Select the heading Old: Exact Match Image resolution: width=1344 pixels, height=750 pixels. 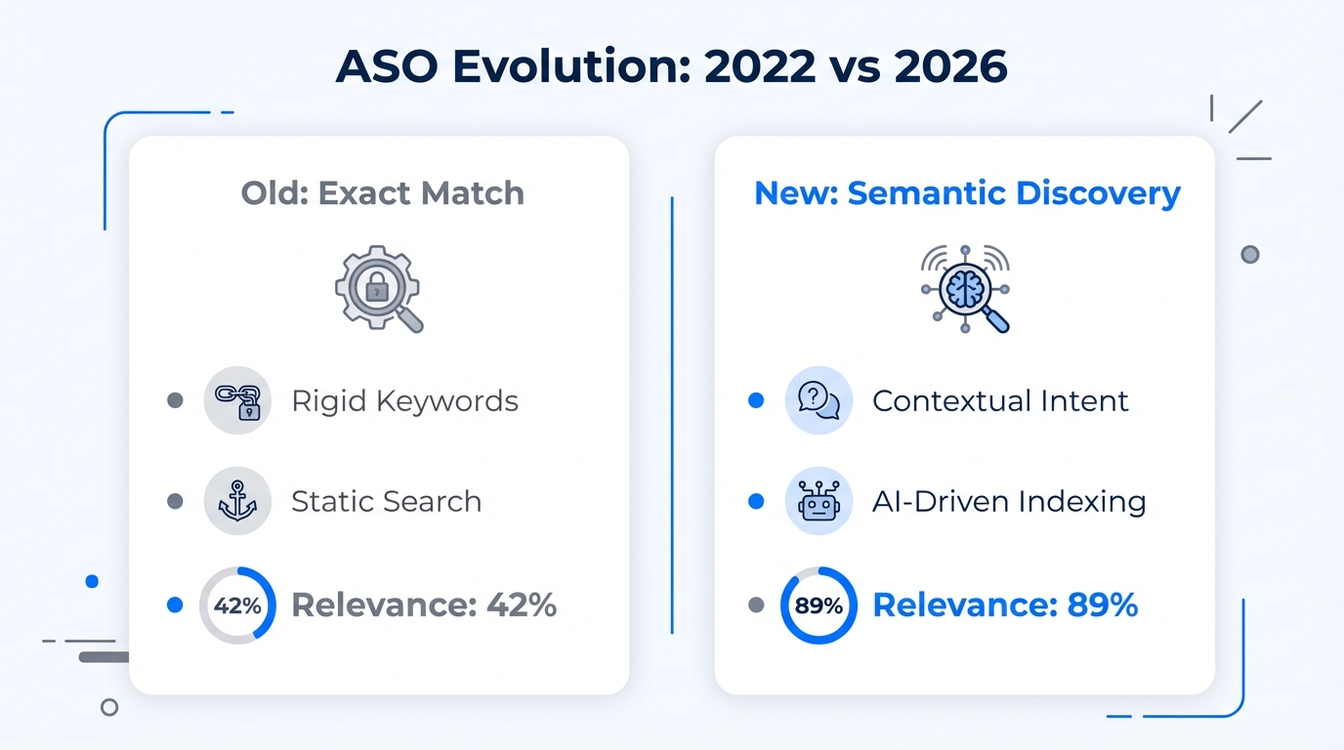coord(382,193)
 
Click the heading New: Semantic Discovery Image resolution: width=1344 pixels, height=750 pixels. coord(967,193)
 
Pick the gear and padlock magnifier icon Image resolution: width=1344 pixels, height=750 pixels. coord(379,288)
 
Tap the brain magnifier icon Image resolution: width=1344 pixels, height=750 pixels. coord(965,288)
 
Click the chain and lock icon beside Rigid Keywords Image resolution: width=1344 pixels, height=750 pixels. coord(237,400)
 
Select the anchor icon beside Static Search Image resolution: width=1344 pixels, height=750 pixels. coord(237,501)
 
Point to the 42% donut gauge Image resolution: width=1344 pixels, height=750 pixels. coord(237,605)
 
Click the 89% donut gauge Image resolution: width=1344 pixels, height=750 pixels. coord(819,605)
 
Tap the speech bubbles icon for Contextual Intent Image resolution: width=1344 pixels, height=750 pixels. coord(819,400)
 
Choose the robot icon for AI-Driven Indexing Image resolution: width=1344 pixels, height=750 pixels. coord(819,501)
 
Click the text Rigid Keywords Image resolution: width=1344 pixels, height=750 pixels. coord(404,400)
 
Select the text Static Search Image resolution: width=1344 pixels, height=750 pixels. coord(386,501)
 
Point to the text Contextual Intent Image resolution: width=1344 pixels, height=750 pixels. coord(1000,400)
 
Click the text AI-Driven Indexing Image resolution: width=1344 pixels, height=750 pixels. coord(1009,501)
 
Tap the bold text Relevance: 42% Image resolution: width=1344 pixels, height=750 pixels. coord(424,605)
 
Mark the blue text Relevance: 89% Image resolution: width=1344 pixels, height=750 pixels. coord(1005,605)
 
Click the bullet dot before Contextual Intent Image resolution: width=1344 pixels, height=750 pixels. coord(755,400)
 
